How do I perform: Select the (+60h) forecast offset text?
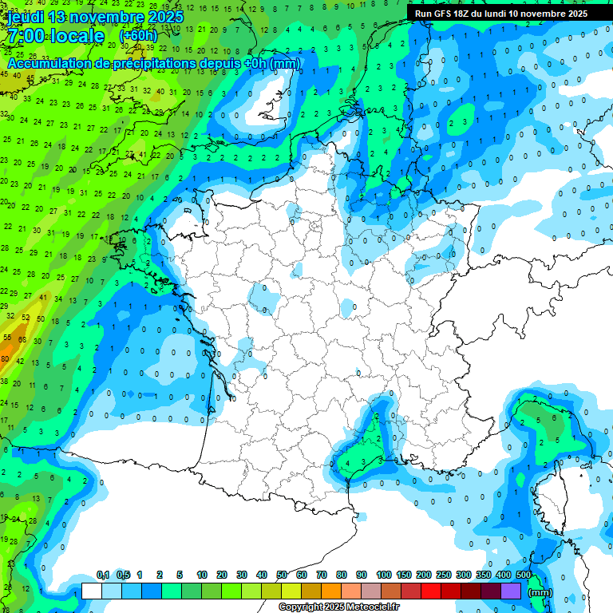pyautogui.click(x=139, y=36)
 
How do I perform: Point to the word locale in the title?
pyautogui.click(x=77, y=37)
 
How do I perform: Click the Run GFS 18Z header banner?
pyautogui.click(x=500, y=14)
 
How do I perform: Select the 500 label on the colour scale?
pyautogui.click(x=524, y=575)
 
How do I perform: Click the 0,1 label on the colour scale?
pyautogui.click(x=102, y=575)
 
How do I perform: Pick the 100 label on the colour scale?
pyautogui.click(x=383, y=575)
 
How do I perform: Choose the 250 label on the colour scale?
pyautogui.click(x=443, y=575)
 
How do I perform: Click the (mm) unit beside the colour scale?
pyautogui.click(x=540, y=592)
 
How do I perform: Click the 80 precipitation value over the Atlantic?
pyautogui.click(x=6, y=360)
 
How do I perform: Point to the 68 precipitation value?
pyautogui.click(x=23, y=338)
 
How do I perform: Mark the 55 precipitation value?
pyautogui.click(x=7, y=338)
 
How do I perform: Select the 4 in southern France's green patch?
pyautogui.click(x=346, y=461)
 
